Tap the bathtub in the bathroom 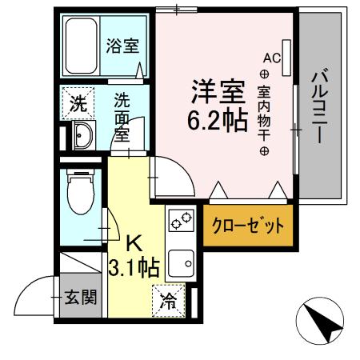click(x=82, y=46)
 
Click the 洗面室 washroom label click(x=122, y=116)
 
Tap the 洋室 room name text click(x=216, y=93)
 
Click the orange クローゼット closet click(x=247, y=226)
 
